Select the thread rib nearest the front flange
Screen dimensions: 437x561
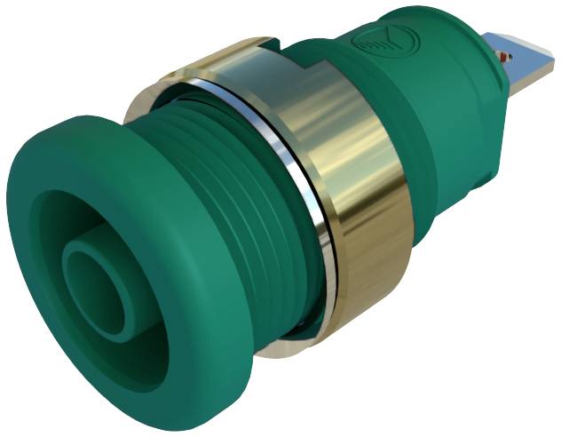click(x=200, y=178)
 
